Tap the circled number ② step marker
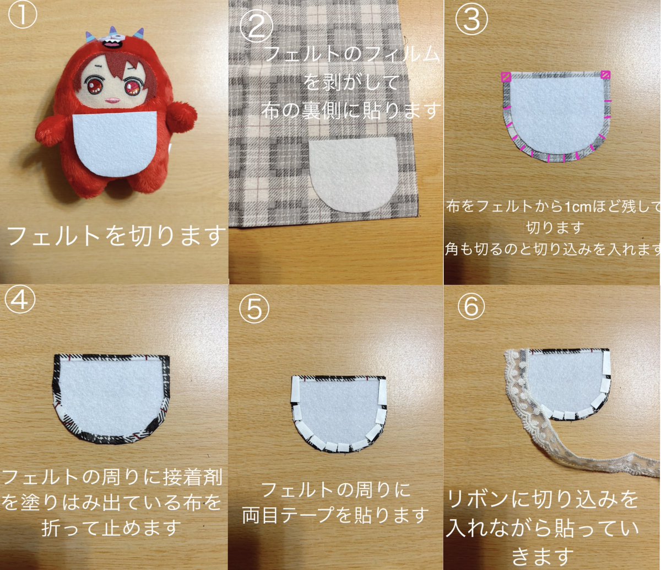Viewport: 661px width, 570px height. point(255,28)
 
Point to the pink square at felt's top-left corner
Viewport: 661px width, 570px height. point(506,76)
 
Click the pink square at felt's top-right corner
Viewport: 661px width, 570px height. point(605,75)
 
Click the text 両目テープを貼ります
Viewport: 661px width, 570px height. point(335,515)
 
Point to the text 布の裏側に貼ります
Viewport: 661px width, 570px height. point(351,110)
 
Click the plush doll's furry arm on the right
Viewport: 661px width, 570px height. point(181,116)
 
